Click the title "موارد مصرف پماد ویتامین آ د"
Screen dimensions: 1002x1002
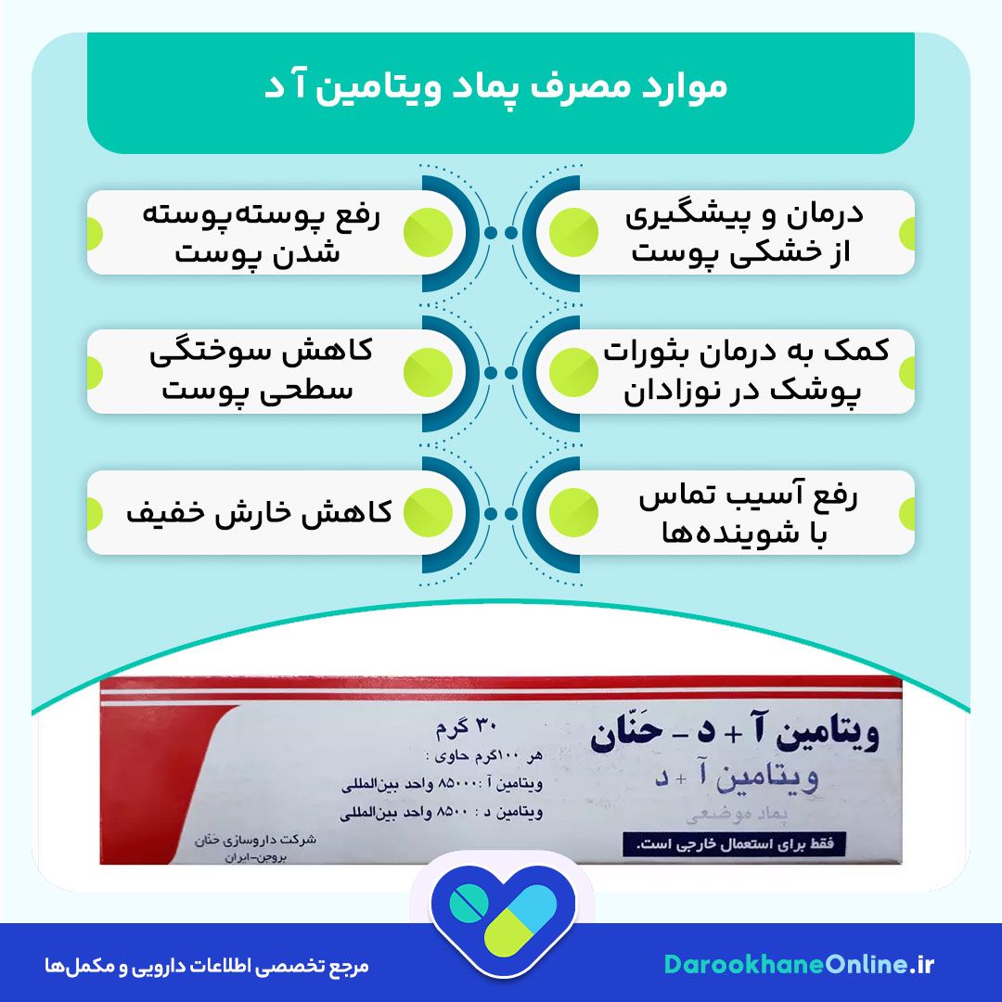point(501,87)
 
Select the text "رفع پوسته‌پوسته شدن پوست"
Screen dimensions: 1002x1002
point(260,232)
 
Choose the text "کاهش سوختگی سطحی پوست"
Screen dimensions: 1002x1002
point(260,371)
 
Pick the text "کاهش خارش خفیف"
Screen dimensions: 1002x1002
point(259,513)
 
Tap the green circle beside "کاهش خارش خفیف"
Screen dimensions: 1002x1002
point(427,513)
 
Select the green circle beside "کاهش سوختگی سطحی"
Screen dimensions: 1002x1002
point(427,371)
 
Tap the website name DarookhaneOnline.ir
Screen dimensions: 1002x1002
point(799,965)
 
